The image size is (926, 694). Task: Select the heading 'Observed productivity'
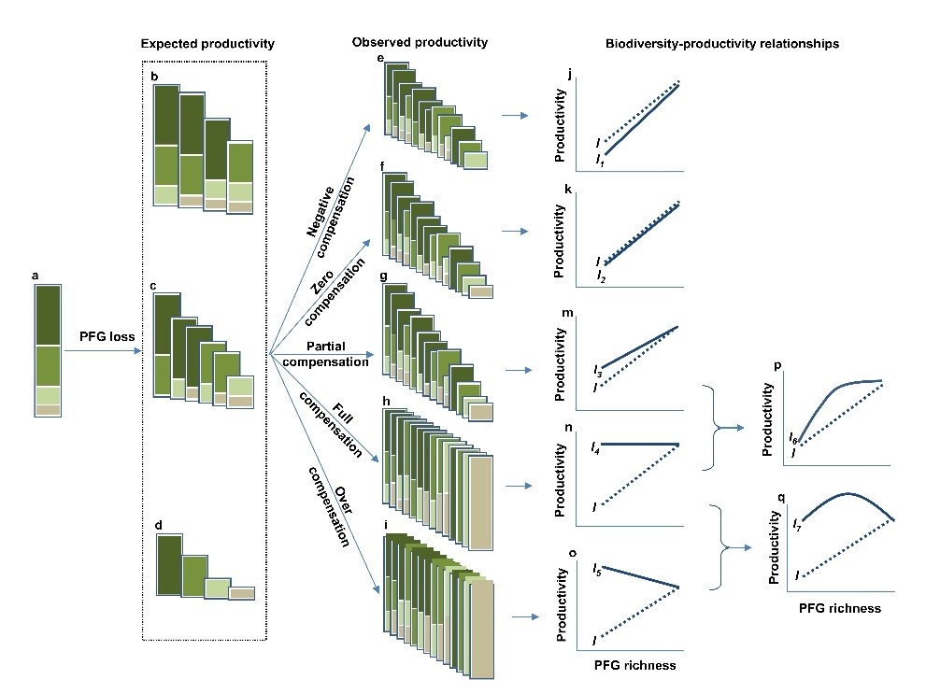(x=420, y=42)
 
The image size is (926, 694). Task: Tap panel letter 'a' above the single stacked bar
(x=35, y=275)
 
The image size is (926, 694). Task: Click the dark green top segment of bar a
(x=48, y=316)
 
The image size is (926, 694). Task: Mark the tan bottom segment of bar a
(x=48, y=410)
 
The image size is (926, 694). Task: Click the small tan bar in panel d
(x=242, y=592)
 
